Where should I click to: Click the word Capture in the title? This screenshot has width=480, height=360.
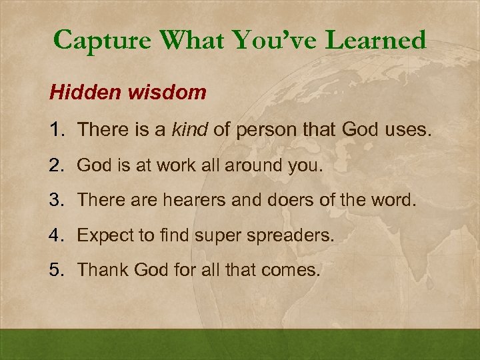click(105, 41)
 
